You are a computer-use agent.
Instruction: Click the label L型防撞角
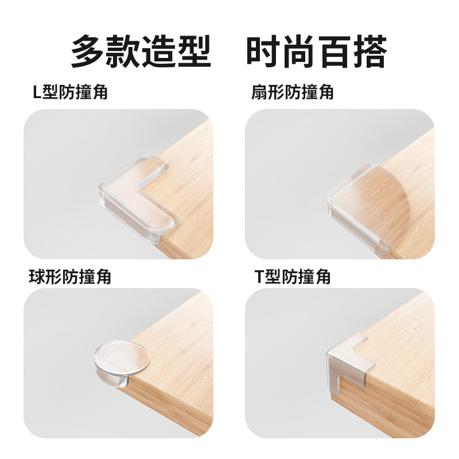click(70, 92)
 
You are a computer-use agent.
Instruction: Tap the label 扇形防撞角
click(292, 92)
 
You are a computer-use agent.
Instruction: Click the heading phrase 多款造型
click(141, 52)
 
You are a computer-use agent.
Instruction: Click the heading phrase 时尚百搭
click(317, 52)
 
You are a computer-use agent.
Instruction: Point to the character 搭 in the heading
click(370, 52)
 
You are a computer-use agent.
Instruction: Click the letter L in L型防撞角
click(37, 93)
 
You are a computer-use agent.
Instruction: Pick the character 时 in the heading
click(264, 52)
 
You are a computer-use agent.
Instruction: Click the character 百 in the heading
click(334, 52)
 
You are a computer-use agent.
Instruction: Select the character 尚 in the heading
click(299, 52)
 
